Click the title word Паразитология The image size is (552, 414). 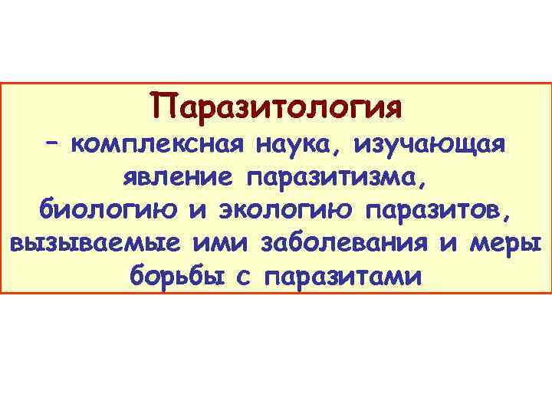tap(276, 106)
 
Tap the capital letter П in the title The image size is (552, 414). tap(163, 105)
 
